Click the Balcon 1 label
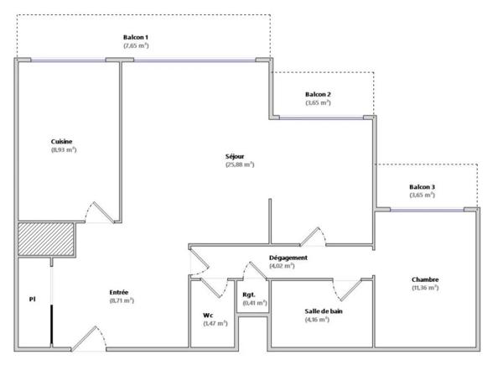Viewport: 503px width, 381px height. pyautogui.click(x=135, y=38)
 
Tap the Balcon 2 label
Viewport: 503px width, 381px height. pyautogui.click(x=318, y=94)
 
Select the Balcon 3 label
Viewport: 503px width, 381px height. pyautogui.click(x=422, y=186)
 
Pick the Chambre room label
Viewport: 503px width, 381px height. pyautogui.click(x=426, y=279)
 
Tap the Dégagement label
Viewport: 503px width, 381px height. pyautogui.click(x=288, y=258)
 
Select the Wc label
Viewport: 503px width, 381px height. pyautogui.click(x=207, y=316)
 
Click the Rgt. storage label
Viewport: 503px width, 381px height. pyautogui.click(x=250, y=295)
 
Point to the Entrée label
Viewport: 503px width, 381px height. pyautogui.click(x=118, y=292)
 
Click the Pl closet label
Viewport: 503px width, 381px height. pyautogui.click(x=31, y=298)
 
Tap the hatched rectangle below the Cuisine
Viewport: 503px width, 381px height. pyautogui.click(x=47, y=239)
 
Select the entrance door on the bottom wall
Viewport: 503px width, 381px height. pyautogui.click(x=86, y=337)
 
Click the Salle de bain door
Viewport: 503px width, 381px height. pyautogui.click(x=345, y=290)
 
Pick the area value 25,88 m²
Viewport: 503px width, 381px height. pyautogui.click(x=239, y=164)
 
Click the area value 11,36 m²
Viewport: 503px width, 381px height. pyautogui.click(x=426, y=288)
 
